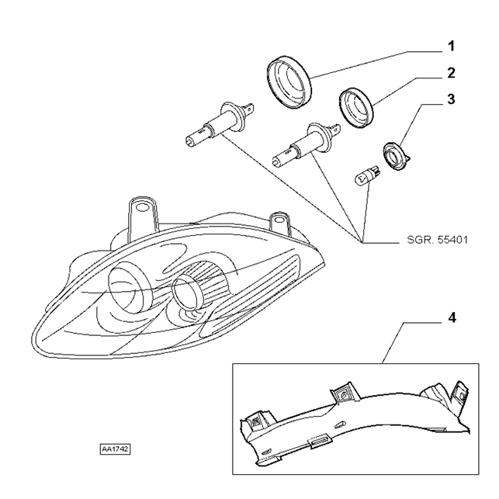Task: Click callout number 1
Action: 451,47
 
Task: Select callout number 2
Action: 451,73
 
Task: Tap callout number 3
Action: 451,99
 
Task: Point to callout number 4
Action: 451,317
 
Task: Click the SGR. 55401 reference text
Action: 438,240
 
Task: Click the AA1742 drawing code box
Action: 115,449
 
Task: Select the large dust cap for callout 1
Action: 289,82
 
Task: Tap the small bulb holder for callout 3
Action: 397,157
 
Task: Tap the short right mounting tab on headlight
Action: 279,224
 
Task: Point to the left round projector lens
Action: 130,286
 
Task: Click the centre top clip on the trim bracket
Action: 345,393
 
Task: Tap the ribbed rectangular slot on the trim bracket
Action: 321,442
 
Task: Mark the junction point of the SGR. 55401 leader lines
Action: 362,242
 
